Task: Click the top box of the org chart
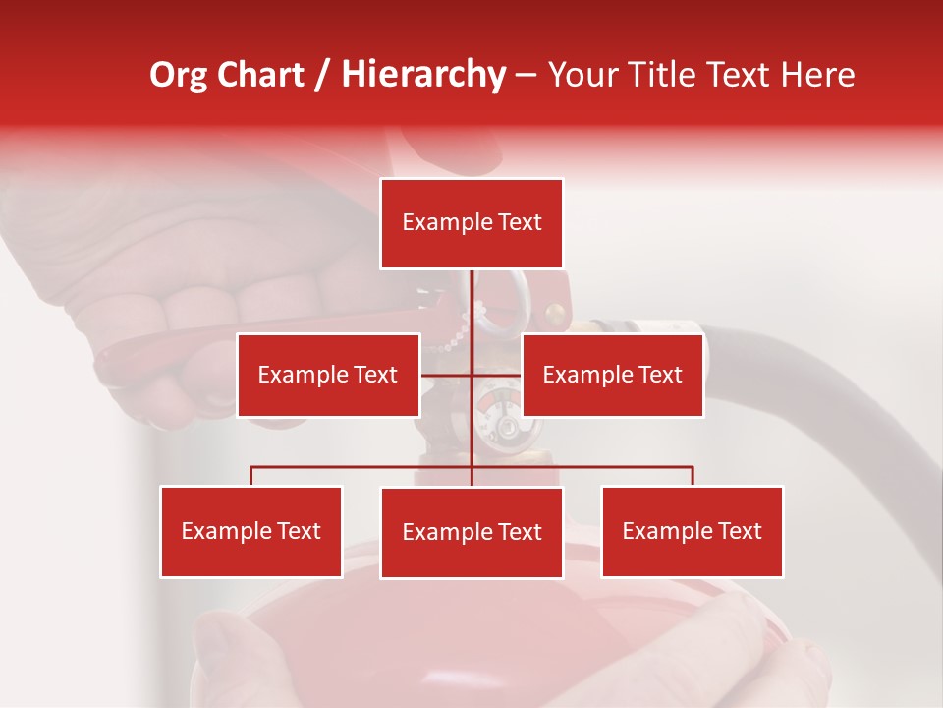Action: [x=471, y=223]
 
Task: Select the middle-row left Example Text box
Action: [x=328, y=375]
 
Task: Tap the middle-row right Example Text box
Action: [x=612, y=375]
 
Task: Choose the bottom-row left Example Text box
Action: [x=250, y=531]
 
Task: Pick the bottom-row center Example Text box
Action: [x=471, y=532]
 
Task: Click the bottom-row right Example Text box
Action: [x=692, y=531]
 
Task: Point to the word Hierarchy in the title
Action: [x=422, y=75]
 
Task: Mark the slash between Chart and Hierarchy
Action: [x=322, y=76]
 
